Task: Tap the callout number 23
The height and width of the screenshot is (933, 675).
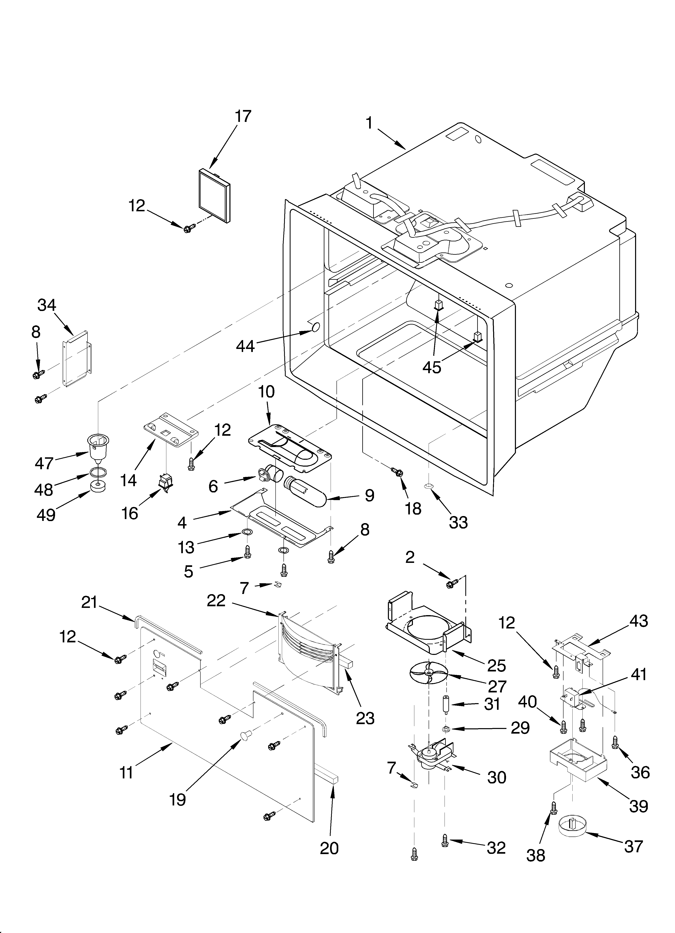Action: [x=365, y=718]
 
